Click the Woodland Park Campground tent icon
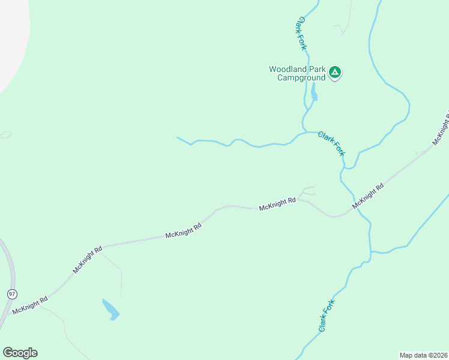point(335,73)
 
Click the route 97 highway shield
point(11,294)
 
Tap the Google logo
point(20,353)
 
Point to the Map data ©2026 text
point(423,355)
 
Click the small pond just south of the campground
point(313,94)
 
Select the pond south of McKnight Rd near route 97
point(110,309)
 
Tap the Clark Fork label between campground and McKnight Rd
point(332,144)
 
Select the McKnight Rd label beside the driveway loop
point(277,204)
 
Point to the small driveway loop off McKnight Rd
point(308,191)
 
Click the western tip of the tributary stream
point(178,138)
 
